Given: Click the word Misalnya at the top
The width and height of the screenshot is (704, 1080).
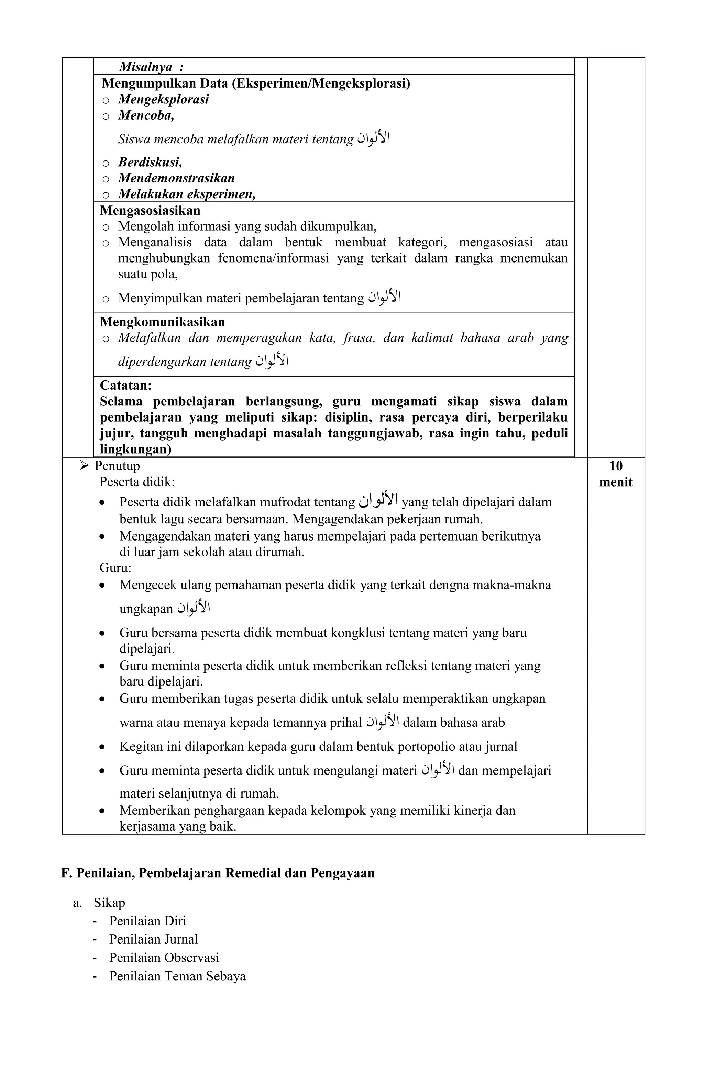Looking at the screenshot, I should click(x=145, y=67).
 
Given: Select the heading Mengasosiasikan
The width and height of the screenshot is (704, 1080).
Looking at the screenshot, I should click(x=150, y=211).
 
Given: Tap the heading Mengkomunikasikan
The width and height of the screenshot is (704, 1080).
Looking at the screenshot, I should click(x=162, y=322).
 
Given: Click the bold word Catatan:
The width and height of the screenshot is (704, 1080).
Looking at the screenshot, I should click(x=126, y=385).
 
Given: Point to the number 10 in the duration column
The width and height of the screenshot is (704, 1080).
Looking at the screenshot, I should click(x=616, y=466).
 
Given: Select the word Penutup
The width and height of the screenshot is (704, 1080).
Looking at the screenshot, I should click(x=117, y=466).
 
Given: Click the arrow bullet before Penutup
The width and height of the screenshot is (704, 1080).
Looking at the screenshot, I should click(x=84, y=466).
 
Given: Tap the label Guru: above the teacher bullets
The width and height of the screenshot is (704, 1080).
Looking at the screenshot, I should click(x=115, y=568).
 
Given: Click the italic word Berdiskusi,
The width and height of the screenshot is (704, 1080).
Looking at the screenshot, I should click(x=150, y=162).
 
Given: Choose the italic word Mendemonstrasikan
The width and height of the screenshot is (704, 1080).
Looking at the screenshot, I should click(x=176, y=178).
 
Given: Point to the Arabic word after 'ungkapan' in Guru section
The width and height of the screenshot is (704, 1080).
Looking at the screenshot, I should click(x=194, y=607).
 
